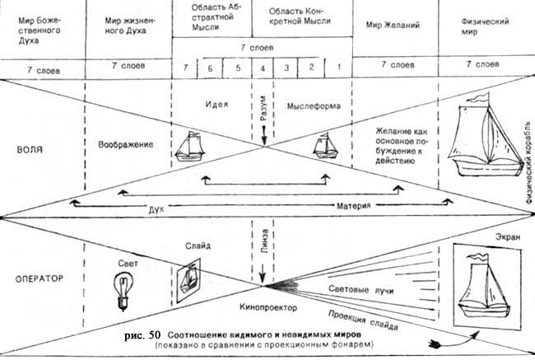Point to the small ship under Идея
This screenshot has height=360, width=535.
(x=196, y=146)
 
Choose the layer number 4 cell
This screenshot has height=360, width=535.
(x=262, y=65)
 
